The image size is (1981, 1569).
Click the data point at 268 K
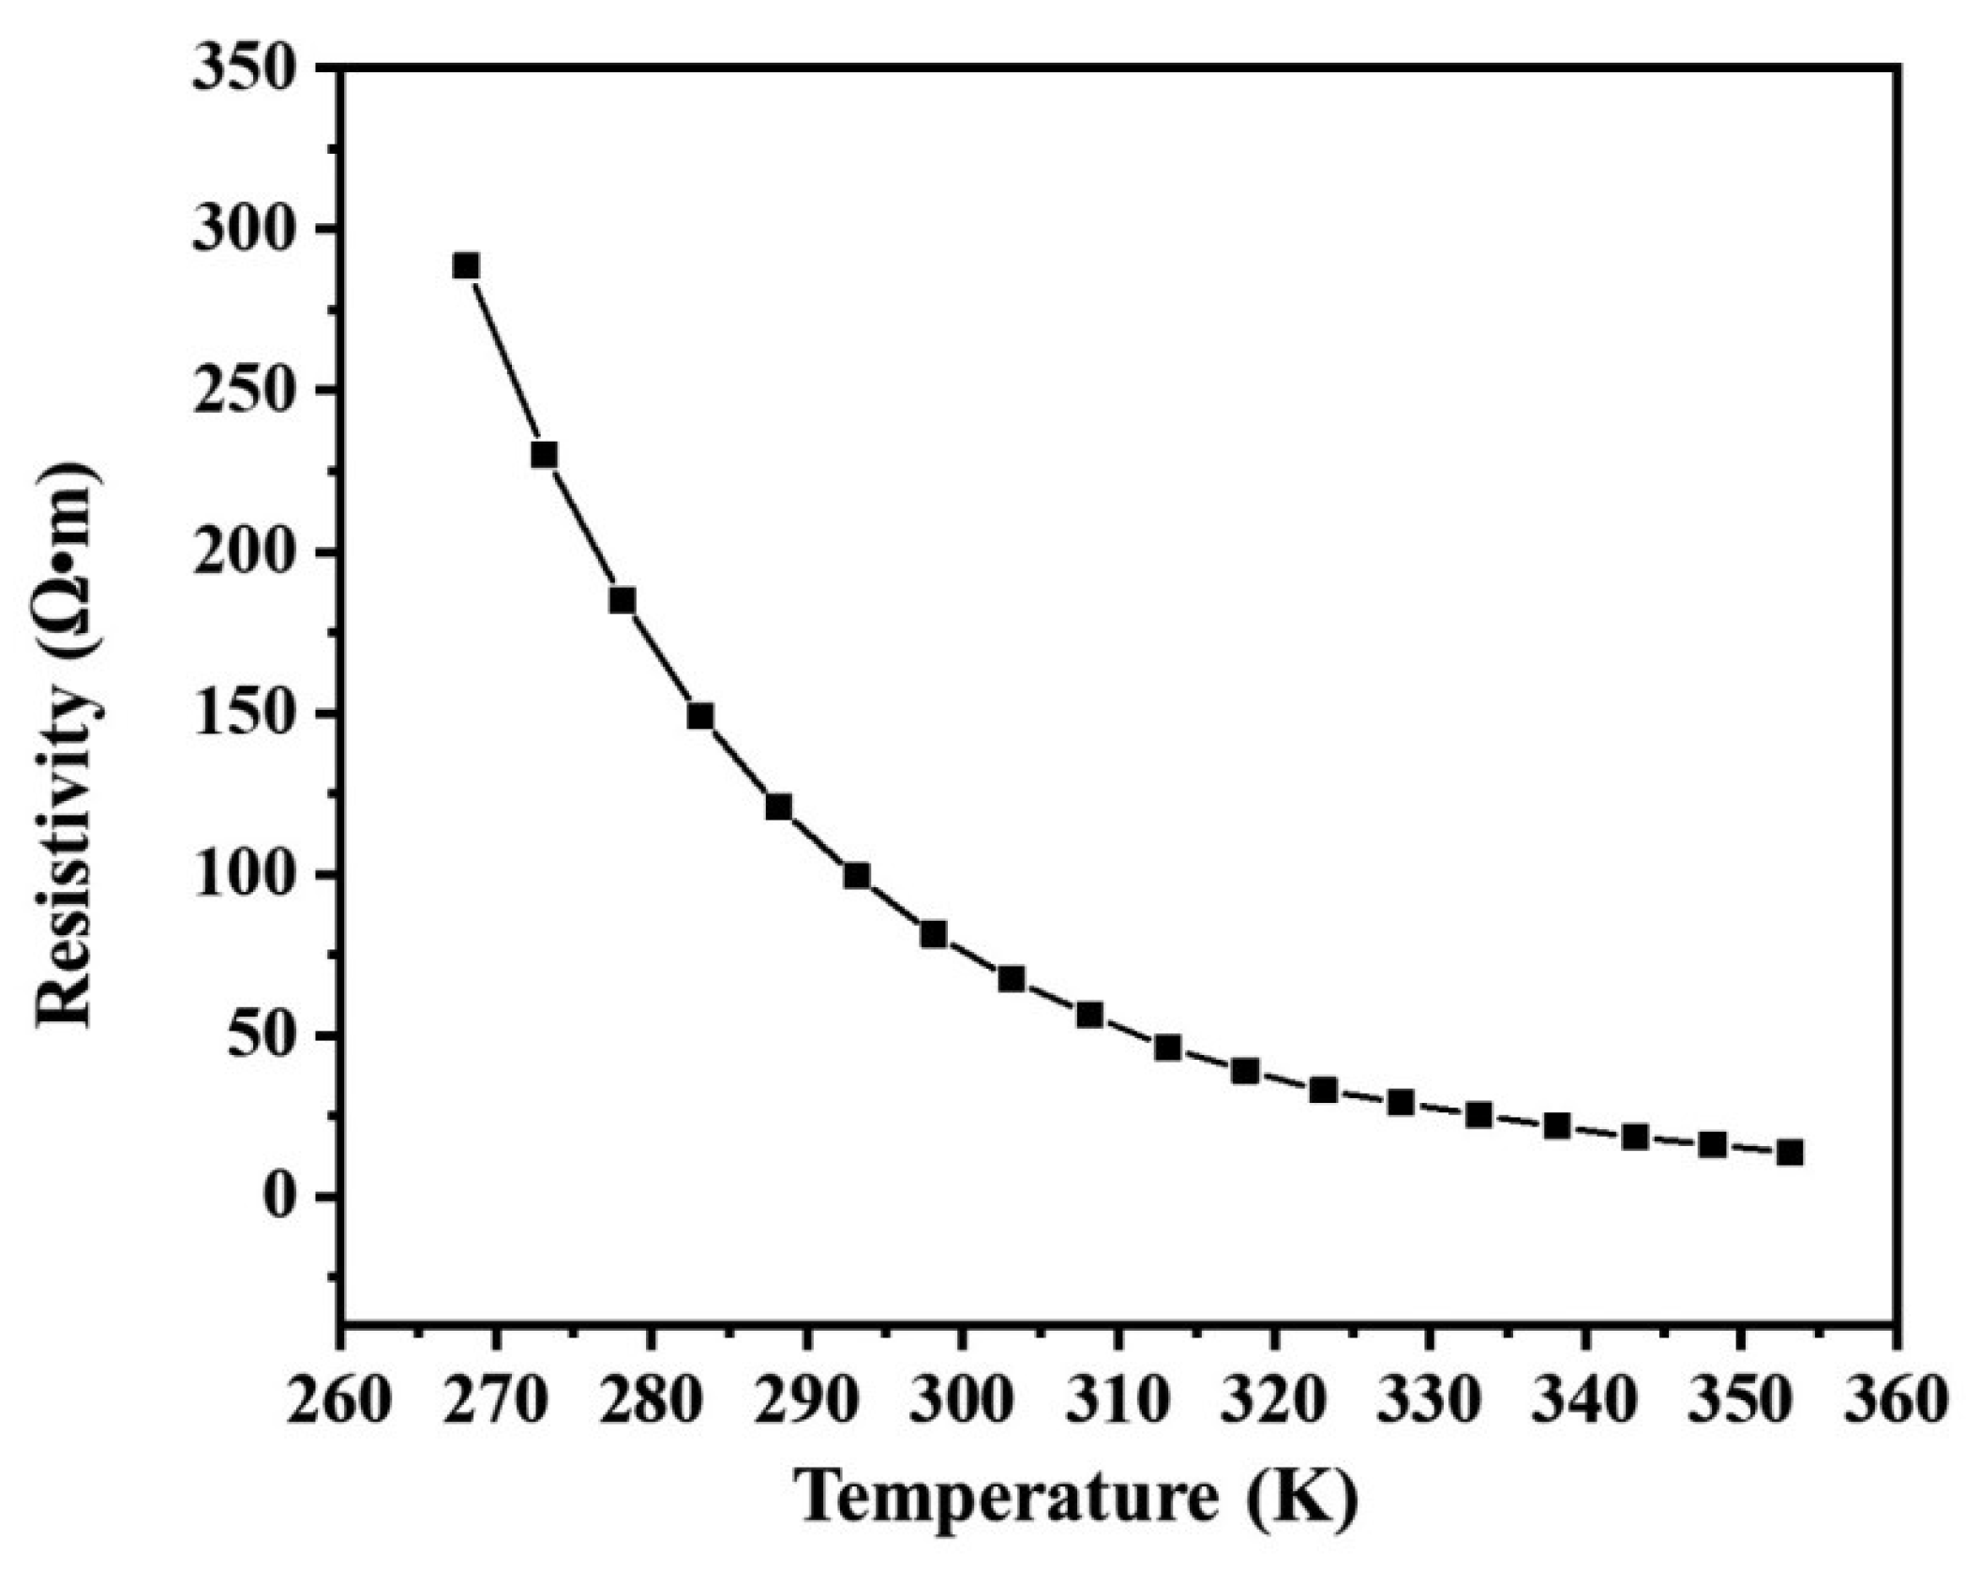point(466,266)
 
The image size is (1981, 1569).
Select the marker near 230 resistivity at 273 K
point(544,455)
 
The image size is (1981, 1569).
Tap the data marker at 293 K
point(856,876)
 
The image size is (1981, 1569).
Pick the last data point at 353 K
point(1789,1153)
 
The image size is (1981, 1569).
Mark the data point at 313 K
point(1167,1048)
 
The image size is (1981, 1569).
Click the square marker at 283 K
point(700,717)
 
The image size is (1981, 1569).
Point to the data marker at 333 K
point(1478,1115)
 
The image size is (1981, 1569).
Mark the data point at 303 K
point(1011,979)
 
